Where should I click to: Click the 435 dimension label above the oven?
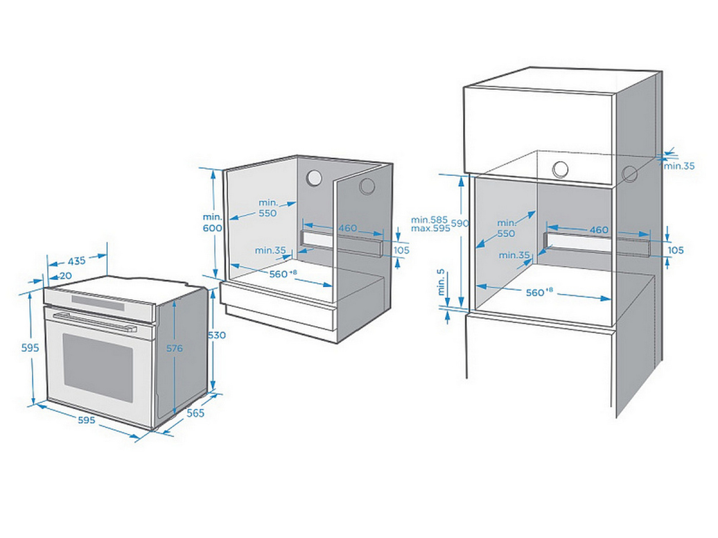pyautogui.click(x=76, y=261)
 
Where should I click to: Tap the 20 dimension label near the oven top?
pyautogui.click(x=66, y=276)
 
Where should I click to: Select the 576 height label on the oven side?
pyautogui.click(x=174, y=348)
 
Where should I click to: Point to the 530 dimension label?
pyautogui.click(x=216, y=335)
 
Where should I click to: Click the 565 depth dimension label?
pyautogui.click(x=195, y=413)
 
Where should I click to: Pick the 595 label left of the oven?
pyautogui.click(x=30, y=348)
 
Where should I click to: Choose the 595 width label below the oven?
pyautogui.click(x=86, y=420)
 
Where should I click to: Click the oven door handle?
pyautogui.click(x=95, y=321)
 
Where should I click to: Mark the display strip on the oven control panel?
pyautogui.click(x=97, y=303)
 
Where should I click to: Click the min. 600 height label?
pyautogui.click(x=212, y=223)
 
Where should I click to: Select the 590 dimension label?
pyautogui.click(x=460, y=223)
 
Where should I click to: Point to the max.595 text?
pyautogui.click(x=430, y=229)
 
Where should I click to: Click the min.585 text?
pyautogui.click(x=429, y=220)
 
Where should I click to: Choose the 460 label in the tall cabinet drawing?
pyautogui.click(x=599, y=230)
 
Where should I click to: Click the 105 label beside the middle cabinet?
pyautogui.click(x=401, y=250)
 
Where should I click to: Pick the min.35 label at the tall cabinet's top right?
pyautogui.click(x=679, y=166)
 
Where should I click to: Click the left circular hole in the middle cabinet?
pyautogui.click(x=314, y=178)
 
